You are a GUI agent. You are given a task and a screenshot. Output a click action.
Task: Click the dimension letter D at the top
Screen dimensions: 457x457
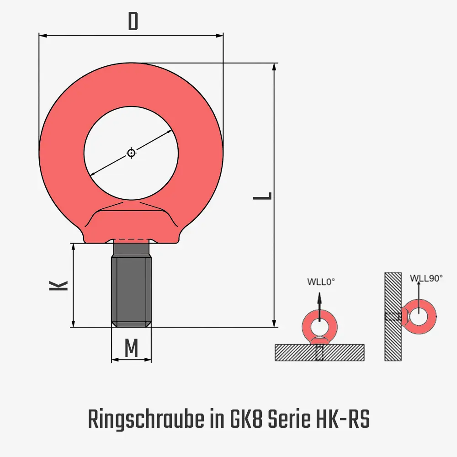coord(133,22)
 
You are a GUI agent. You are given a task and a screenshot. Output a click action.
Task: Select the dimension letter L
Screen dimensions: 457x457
coord(263,196)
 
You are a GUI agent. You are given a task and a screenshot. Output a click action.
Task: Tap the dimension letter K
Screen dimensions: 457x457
coord(58,286)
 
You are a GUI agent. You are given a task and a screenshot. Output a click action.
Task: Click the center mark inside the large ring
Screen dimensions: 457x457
coord(131,153)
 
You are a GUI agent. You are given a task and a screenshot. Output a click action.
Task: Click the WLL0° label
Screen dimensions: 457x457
coord(321,282)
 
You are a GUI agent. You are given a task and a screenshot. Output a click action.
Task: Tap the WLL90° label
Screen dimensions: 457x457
coord(426,278)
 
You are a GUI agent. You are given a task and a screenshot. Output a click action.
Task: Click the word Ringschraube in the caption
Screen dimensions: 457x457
coord(145,420)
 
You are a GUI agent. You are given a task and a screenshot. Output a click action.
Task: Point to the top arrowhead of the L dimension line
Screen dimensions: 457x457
coord(274,66)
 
